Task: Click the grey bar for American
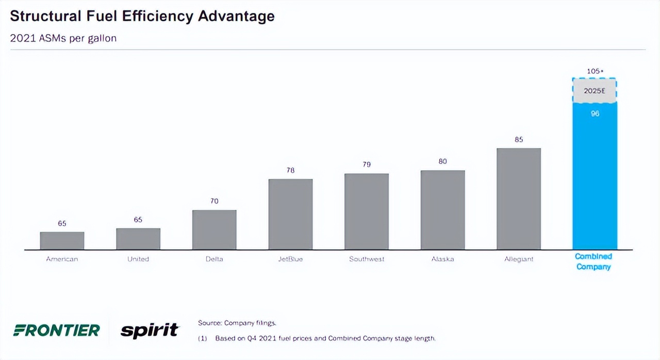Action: [62, 241]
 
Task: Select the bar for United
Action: [138, 239]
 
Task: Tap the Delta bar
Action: [214, 230]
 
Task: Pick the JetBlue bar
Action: [290, 215]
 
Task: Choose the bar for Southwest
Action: [367, 211]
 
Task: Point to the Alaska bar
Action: [442, 210]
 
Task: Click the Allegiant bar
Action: [519, 199]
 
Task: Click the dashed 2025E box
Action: [595, 91]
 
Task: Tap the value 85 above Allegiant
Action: [519, 139]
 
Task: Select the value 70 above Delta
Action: [214, 201]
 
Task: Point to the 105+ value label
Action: [595, 71]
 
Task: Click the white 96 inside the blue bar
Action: [595, 113]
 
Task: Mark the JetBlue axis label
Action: [290, 259]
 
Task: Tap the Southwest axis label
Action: [367, 259]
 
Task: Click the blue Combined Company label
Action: [593, 261]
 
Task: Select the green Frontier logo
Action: [56, 330]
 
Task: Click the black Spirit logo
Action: [150, 330]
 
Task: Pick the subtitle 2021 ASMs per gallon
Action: [63, 39]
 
